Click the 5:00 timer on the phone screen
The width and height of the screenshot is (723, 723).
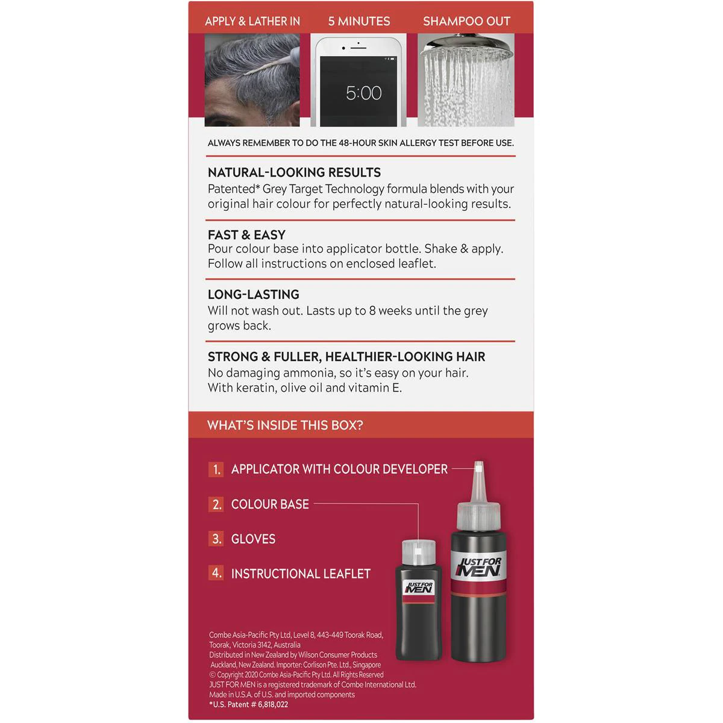tap(363, 93)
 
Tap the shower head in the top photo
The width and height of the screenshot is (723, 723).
tap(466, 47)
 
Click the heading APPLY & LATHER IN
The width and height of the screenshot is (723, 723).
tap(252, 21)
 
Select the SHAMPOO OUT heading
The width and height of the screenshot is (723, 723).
tap(466, 21)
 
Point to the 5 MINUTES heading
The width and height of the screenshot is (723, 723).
tap(359, 21)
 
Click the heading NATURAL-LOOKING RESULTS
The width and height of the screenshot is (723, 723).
tap(294, 172)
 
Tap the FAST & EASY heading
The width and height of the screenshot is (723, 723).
tap(246, 235)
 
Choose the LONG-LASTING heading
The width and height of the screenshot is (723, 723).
tap(254, 295)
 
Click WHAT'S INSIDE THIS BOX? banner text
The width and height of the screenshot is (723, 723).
tap(285, 425)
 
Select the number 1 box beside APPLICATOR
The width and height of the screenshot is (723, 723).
tap(216, 469)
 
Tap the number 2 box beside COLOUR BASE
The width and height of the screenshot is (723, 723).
tap(216, 504)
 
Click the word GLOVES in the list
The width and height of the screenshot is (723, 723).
tap(253, 539)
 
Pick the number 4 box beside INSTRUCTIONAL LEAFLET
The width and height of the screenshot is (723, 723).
tap(216, 573)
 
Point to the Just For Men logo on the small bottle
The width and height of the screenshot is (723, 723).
tap(419, 587)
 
